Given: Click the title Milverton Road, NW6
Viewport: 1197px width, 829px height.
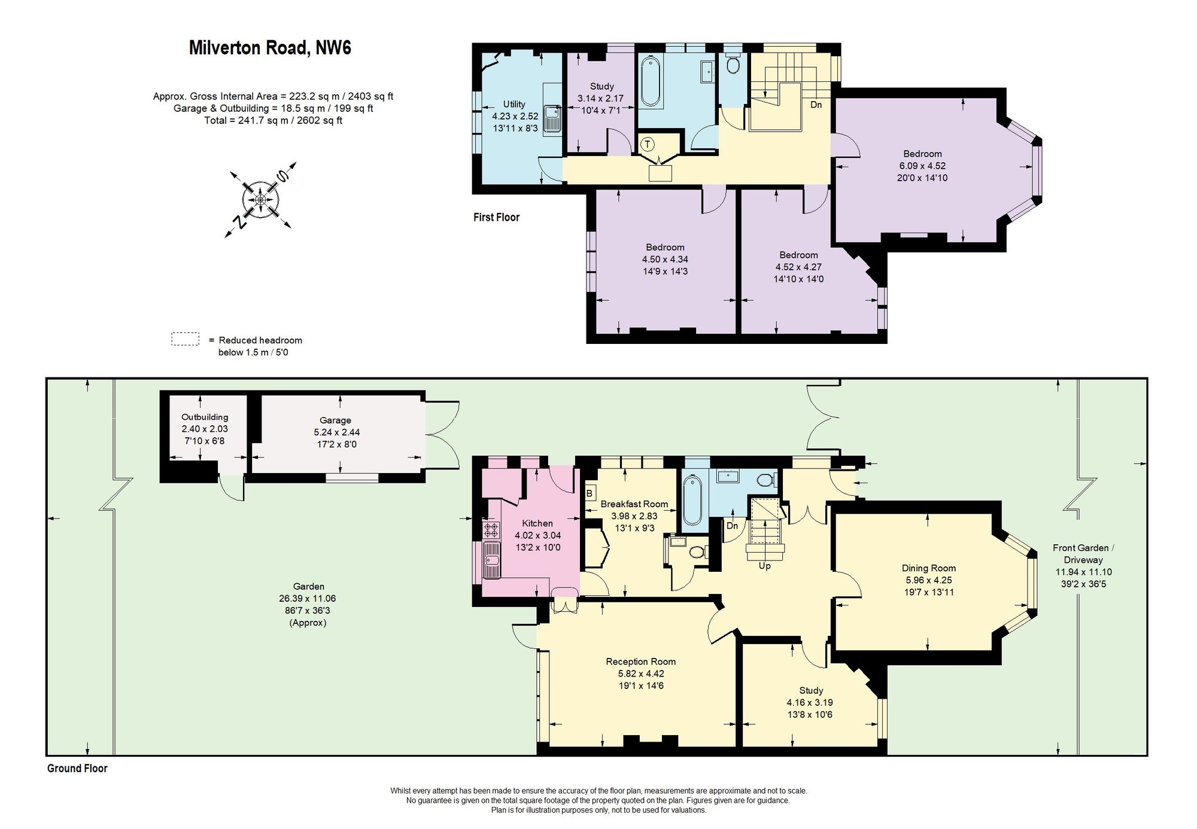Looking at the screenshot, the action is [x=270, y=48].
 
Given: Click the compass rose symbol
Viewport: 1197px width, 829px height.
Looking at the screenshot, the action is [x=262, y=199].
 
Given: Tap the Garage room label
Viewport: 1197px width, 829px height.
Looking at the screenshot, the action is [x=335, y=420].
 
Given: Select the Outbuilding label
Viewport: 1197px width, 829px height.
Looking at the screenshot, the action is [x=205, y=417].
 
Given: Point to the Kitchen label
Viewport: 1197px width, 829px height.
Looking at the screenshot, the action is [x=537, y=523].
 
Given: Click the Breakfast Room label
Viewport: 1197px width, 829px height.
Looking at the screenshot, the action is [x=634, y=504].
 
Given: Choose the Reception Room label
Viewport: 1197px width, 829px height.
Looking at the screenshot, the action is [x=641, y=662].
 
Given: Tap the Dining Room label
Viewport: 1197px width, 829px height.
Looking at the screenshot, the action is [x=929, y=568].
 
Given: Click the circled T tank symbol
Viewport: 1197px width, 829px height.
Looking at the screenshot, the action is [x=648, y=144].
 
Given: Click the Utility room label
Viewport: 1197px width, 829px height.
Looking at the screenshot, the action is [x=514, y=104].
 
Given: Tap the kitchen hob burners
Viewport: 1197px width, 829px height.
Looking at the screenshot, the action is [x=492, y=531].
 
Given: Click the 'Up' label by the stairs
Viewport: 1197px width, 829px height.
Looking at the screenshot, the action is [x=764, y=566].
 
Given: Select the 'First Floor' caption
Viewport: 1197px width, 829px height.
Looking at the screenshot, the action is [x=496, y=217].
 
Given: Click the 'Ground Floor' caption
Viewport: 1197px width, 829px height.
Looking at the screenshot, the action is [x=77, y=769].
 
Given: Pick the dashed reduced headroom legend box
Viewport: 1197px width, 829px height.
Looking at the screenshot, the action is [x=185, y=339].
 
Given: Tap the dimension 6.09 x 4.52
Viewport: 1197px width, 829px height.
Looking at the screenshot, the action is [x=922, y=166].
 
